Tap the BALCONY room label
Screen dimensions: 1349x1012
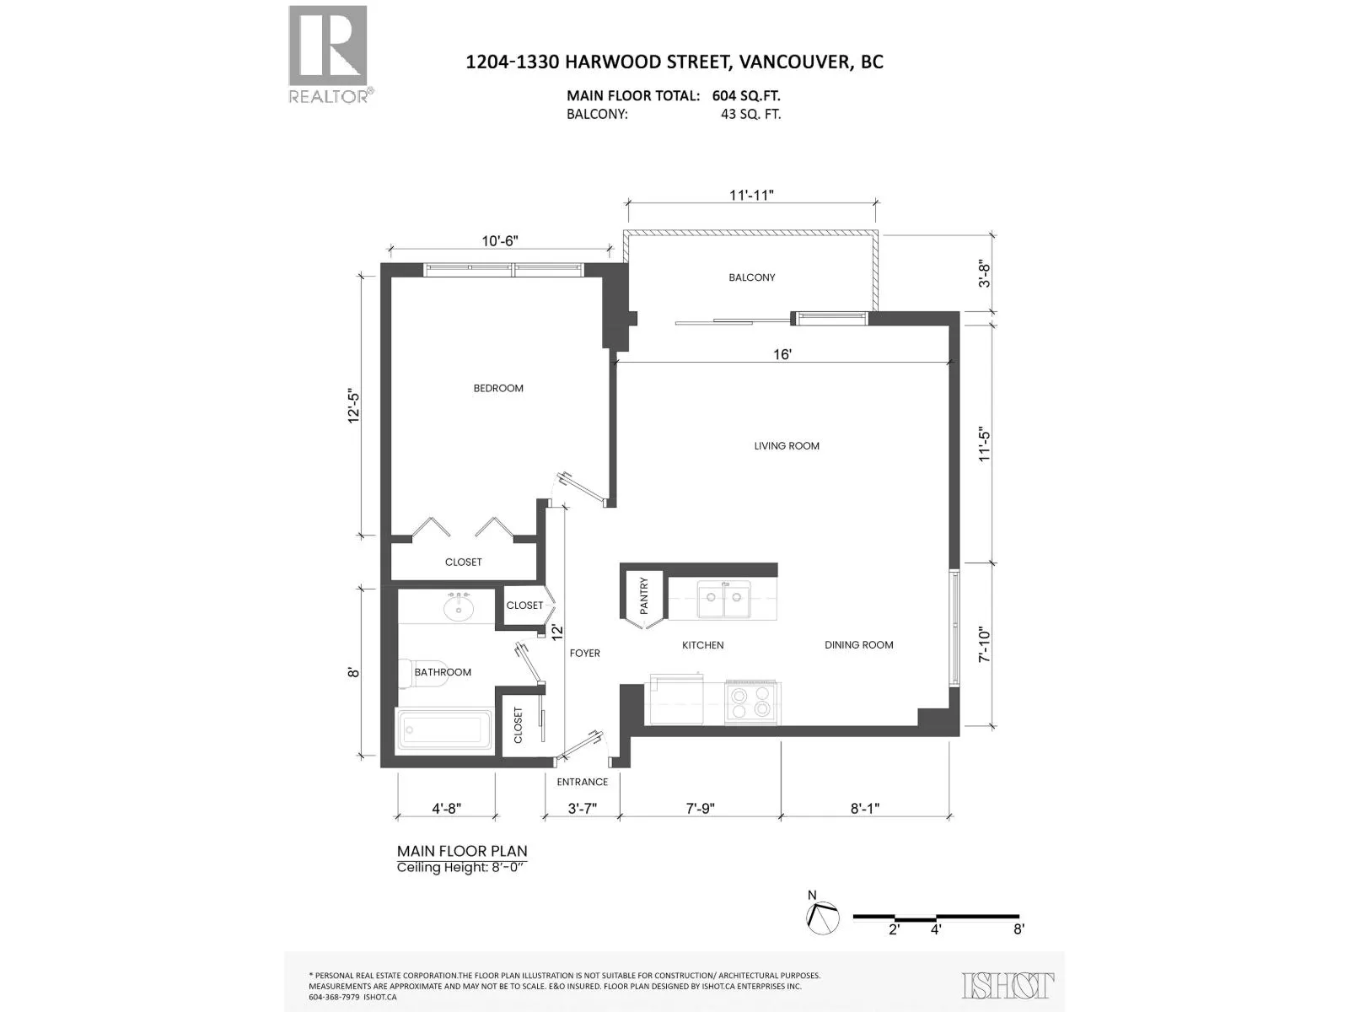point(751,277)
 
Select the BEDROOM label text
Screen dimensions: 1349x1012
point(497,388)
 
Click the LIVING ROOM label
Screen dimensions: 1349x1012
point(787,446)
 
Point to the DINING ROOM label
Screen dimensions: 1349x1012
point(858,644)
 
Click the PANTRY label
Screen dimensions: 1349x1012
point(643,595)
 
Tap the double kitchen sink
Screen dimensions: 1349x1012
point(724,599)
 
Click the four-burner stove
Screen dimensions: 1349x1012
point(752,702)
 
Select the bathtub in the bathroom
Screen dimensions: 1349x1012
point(444,730)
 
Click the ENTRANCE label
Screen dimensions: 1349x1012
point(582,783)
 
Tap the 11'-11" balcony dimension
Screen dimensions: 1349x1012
point(751,195)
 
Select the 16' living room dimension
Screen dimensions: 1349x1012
point(782,354)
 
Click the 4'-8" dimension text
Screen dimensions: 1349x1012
point(446,808)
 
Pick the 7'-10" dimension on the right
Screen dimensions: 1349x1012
point(985,644)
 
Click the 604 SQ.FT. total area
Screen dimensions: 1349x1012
point(746,96)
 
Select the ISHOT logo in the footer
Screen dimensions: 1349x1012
point(1008,986)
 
